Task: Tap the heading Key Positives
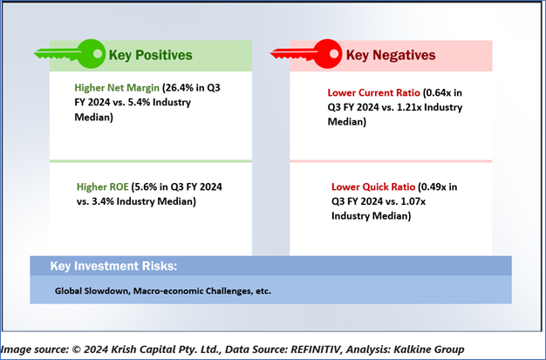(x=150, y=55)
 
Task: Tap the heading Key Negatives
(x=391, y=55)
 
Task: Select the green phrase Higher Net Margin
(x=117, y=88)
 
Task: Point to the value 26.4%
(x=180, y=87)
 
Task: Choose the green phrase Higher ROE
(x=103, y=187)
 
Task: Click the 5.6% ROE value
(x=146, y=187)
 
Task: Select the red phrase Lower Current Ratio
(x=373, y=93)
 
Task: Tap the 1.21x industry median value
(x=408, y=107)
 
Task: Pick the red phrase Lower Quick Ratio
(x=373, y=187)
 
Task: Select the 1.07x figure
(x=413, y=201)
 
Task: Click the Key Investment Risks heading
(x=113, y=266)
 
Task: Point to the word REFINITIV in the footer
(x=316, y=350)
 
